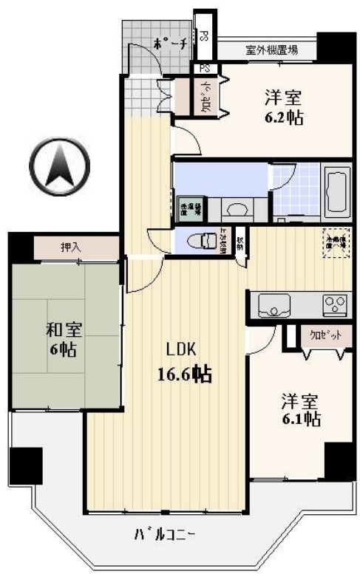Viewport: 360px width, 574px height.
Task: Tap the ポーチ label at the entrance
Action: tap(169, 44)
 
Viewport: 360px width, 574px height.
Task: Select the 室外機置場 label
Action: tap(272, 51)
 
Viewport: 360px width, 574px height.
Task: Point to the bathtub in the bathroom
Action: tap(338, 191)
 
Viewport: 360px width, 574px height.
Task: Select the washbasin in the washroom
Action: tap(237, 210)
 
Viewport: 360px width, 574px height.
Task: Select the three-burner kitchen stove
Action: tap(333, 304)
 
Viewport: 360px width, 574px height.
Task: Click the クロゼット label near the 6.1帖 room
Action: tap(325, 335)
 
